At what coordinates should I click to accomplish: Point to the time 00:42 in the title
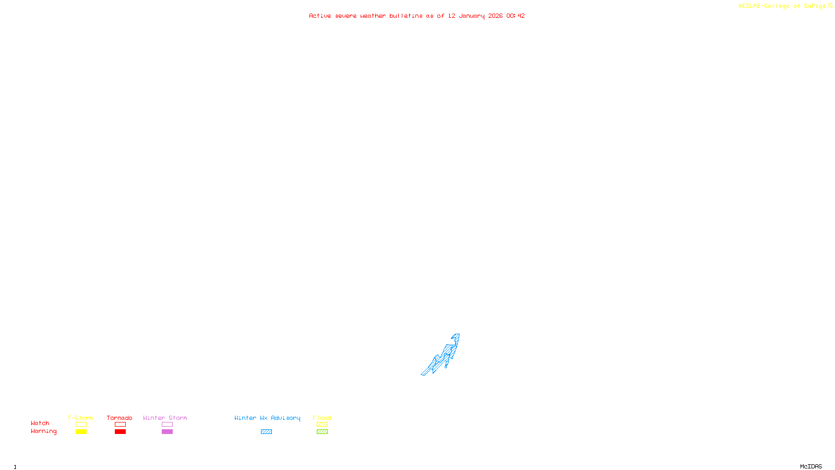pos(516,16)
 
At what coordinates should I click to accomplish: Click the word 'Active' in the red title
pos(320,16)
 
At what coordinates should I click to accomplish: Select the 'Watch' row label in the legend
pos(40,424)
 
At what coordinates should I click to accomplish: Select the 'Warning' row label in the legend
pos(44,431)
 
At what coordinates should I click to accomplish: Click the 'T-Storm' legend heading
pos(80,418)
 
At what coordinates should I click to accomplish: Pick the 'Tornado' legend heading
pos(120,418)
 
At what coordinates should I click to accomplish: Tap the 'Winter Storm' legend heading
pos(165,418)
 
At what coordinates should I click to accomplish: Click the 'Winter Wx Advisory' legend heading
pos(267,418)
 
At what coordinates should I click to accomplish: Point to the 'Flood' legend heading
pos(322,418)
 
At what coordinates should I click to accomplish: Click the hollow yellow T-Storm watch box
pos(81,425)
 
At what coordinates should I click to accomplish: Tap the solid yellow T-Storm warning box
pos(81,432)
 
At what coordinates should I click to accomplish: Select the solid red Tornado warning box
pos(121,432)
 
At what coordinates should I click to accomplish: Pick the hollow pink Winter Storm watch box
pos(167,425)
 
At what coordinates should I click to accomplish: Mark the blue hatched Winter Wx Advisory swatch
pos(266,432)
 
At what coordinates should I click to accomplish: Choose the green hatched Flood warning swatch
pos(322,432)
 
